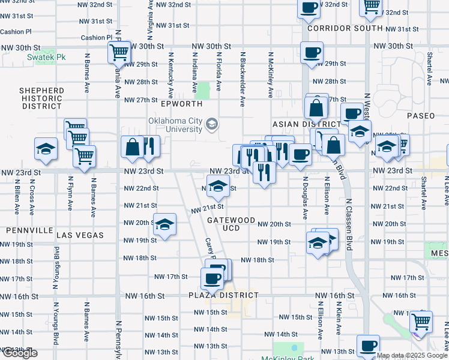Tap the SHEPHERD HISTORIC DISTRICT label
[42, 98]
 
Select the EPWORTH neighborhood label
[182, 104]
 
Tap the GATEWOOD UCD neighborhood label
[231, 224]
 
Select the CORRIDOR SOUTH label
[345, 28]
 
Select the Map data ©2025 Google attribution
[412, 356]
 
